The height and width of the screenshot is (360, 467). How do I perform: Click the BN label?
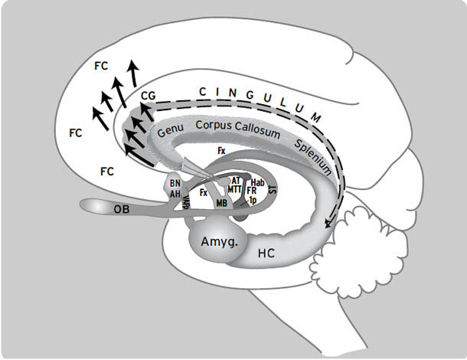pos(175,184)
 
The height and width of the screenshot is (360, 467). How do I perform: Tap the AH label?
pos(175,195)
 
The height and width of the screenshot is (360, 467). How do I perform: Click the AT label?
pos(236,180)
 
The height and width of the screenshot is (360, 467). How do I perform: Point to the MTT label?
pos(235,189)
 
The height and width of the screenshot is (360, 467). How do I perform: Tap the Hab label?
pos(257,182)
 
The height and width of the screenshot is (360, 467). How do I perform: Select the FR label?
pos(252,191)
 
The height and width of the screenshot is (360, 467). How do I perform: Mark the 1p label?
pos(252,200)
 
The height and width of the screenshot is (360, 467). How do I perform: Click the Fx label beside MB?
pos(204,193)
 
